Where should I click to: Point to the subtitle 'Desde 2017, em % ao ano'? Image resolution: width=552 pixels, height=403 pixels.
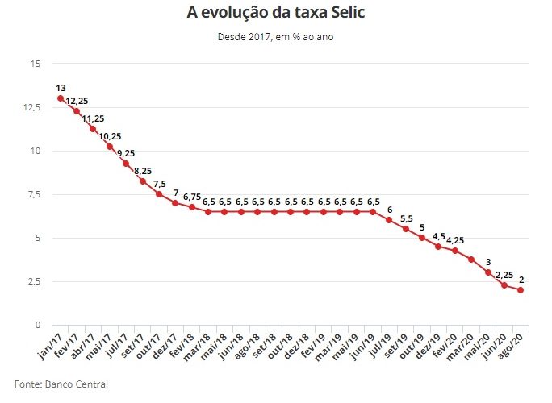(x=275, y=36)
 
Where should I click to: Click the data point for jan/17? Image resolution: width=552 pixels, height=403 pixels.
(x=61, y=98)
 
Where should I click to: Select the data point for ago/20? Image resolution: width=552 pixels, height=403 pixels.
(x=521, y=290)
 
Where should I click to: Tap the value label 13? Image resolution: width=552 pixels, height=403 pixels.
(x=61, y=87)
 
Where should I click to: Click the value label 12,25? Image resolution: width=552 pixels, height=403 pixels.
(x=77, y=100)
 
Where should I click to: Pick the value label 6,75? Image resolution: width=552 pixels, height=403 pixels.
(x=192, y=196)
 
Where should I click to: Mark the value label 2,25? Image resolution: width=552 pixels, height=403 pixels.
(x=504, y=274)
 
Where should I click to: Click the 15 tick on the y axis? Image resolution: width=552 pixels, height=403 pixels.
(x=36, y=64)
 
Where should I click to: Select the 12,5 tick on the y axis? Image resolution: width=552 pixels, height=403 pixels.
(x=32, y=107)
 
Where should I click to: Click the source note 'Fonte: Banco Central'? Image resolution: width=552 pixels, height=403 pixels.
(x=61, y=384)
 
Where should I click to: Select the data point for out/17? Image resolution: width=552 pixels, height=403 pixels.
(x=159, y=193)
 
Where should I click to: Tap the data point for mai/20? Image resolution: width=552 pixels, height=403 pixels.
(x=487, y=272)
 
